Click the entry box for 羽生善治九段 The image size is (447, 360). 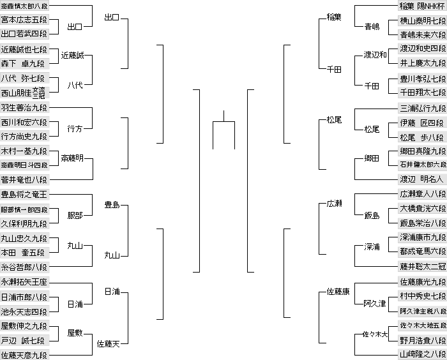tap(24, 107)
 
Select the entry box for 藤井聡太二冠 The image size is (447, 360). tap(422, 266)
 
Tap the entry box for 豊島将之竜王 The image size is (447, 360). tap(24, 195)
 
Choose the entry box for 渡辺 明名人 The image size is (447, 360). tap(422, 179)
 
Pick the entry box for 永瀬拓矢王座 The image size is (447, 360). tap(24, 282)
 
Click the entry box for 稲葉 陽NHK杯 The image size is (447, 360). tap(422, 6)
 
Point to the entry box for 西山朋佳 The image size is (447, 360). tap(24, 93)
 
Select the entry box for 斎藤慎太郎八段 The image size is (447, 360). tap(24, 6)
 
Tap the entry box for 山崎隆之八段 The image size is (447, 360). tap(422, 354)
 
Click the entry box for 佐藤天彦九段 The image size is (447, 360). tap(24, 355)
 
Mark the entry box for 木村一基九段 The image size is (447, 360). tap(24, 151)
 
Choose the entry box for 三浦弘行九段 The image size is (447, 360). tap(422, 109)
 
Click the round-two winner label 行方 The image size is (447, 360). tap(75, 129)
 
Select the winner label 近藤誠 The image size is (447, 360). tap(72, 56)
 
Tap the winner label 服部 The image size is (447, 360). tap(75, 216)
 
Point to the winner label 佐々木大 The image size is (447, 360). tap(375, 334)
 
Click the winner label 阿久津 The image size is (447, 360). tap(375, 304)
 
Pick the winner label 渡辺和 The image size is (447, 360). tap(375, 54)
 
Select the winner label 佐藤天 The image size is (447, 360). tap(109, 344)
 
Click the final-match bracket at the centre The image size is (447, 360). tap(223, 122)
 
